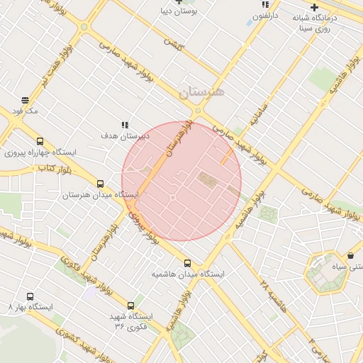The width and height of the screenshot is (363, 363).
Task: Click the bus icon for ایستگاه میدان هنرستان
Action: pyautogui.click(x=100, y=184)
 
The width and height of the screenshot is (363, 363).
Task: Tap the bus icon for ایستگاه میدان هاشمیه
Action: pyautogui.click(x=187, y=263)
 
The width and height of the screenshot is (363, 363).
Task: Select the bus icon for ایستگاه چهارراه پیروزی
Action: pyautogui.click(x=40, y=141)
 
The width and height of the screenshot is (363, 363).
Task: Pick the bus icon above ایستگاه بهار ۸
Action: pyautogui.click(x=30, y=296)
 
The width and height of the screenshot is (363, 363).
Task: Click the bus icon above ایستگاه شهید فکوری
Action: pyautogui.click(x=130, y=305)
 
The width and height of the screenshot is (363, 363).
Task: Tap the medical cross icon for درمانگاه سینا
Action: pyautogui.click(x=314, y=8)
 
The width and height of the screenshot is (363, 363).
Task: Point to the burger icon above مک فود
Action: pyautogui.click(x=26, y=100)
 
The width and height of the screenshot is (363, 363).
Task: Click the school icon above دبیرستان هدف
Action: pyautogui.click(x=125, y=125)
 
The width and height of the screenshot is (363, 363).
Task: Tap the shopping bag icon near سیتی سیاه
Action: pyautogui.click(x=350, y=255)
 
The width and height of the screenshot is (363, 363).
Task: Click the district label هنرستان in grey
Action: pyautogui.click(x=201, y=92)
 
